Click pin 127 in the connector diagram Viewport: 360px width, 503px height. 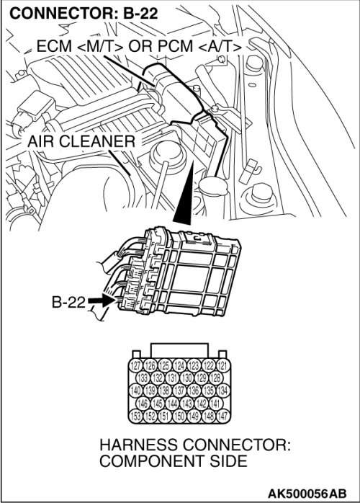tap(136, 365)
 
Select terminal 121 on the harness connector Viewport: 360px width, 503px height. tap(222, 365)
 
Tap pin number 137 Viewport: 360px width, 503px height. tap(179, 391)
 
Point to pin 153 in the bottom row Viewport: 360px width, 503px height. tap(136, 416)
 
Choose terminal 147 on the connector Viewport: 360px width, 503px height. tap(222, 416)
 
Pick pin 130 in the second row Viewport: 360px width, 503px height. tap(187, 378)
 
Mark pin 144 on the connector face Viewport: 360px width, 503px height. tap(173, 404)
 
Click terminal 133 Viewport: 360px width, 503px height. tap(143, 378)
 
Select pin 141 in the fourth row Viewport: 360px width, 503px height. tap(216, 404)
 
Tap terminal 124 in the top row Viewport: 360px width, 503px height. tap(179, 365)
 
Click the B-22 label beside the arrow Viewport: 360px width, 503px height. tap(68, 301)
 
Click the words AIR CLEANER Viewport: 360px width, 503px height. tap(81, 141)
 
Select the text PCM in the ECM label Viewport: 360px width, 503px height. tap(175, 46)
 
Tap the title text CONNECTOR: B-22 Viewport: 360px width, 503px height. tap(84, 14)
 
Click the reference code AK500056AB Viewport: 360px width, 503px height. tap(307, 493)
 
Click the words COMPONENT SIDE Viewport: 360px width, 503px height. tap(174, 461)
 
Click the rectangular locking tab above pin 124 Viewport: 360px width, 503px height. tap(179, 350)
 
